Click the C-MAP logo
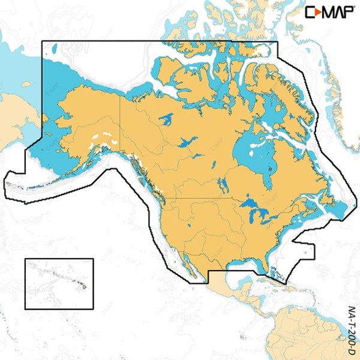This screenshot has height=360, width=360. point(329,11)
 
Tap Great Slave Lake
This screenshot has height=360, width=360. point(185,143)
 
